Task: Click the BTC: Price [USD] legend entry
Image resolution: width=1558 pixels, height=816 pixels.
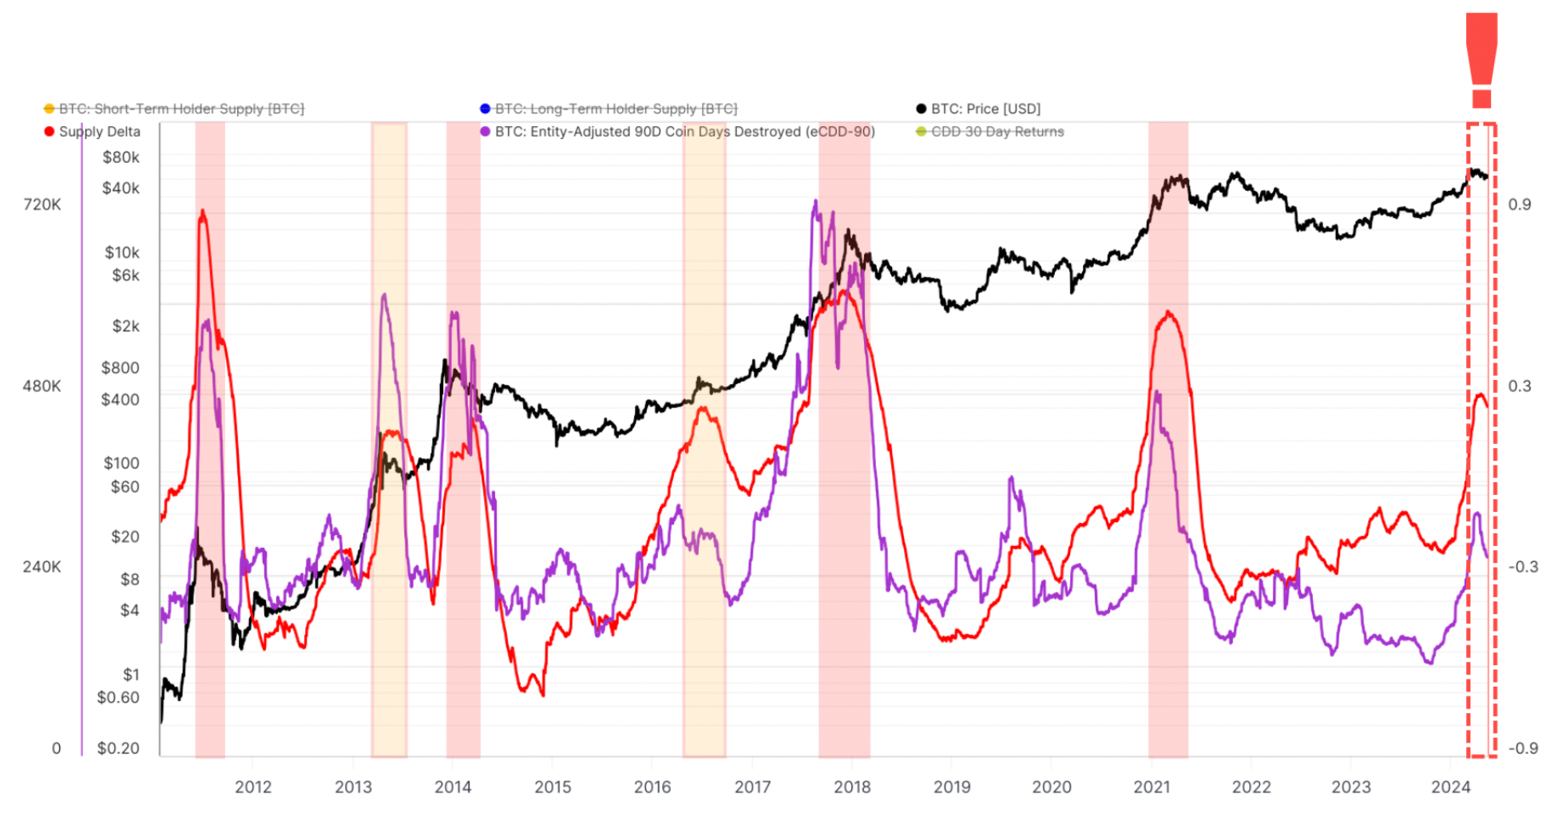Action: [x=985, y=109]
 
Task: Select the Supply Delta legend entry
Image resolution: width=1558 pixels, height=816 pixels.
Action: [x=99, y=132]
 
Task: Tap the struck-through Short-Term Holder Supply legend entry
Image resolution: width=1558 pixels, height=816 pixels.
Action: [x=181, y=109]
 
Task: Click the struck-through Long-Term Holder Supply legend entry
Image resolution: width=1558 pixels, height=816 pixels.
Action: [x=616, y=109]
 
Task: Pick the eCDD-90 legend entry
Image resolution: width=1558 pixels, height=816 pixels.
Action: [x=684, y=132]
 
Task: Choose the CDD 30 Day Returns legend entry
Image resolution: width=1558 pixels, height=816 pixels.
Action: [x=997, y=132]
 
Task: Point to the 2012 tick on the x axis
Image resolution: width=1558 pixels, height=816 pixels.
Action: [x=253, y=787]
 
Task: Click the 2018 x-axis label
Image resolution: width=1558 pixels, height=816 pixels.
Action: [x=852, y=787]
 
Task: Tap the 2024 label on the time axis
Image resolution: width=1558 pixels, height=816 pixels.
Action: [x=1450, y=787]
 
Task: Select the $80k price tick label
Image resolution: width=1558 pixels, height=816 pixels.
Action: [x=121, y=157]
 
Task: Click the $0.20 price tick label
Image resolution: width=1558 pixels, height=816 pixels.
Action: [x=118, y=748]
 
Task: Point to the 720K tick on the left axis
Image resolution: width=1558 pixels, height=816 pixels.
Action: [x=42, y=204]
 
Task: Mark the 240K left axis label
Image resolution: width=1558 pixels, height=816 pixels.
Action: [x=42, y=567]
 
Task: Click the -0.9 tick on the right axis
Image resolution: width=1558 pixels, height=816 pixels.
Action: [x=1523, y=748]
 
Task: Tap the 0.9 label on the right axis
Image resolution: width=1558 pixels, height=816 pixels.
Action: [x=1520, y=204]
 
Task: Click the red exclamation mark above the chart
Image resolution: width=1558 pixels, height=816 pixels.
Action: [x=1482, y=60]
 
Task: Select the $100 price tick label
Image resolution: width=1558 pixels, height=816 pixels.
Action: [x=121, y=463]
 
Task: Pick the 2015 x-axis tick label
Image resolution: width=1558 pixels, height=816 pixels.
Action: [x=553, y=787]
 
